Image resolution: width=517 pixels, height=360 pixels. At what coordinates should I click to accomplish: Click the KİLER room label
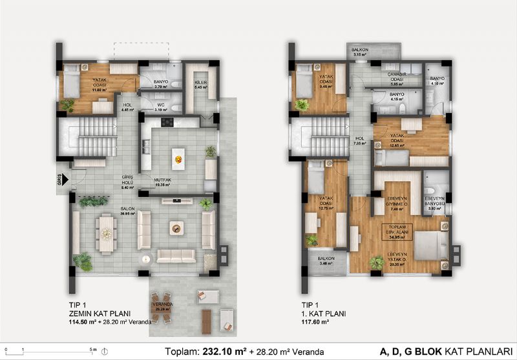(200, 85)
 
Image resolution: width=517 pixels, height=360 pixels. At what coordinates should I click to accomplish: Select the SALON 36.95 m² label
(109, 212)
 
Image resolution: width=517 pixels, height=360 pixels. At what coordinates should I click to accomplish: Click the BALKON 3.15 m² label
(361, 52)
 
